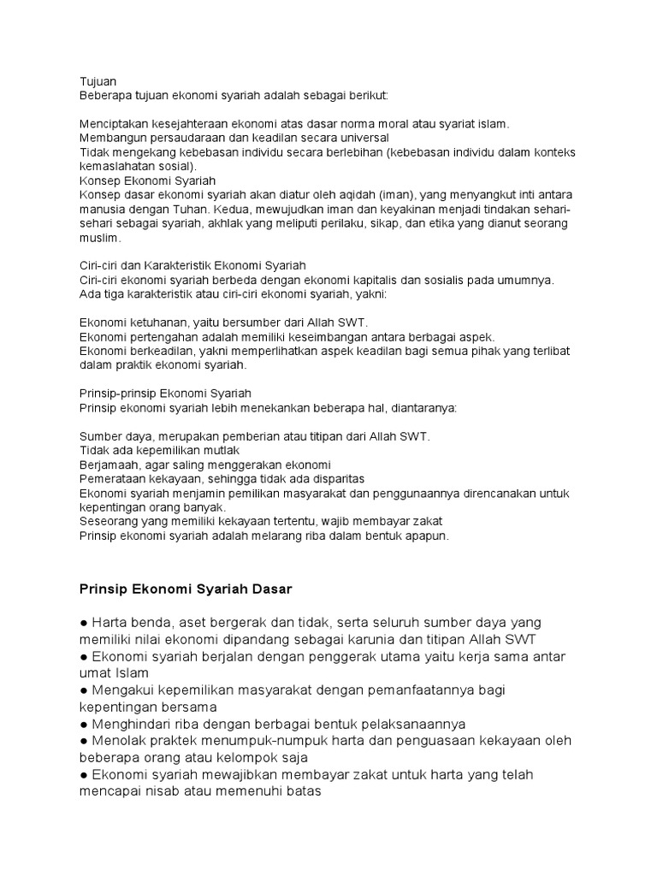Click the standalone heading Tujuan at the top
coord(98,82)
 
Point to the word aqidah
coord(358,195)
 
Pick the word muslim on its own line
coord(96,238)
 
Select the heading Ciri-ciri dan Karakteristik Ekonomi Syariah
coord(192,266)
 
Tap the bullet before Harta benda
coord(84,622)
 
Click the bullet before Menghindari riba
coord(84,724)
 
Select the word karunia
coord(370,639)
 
